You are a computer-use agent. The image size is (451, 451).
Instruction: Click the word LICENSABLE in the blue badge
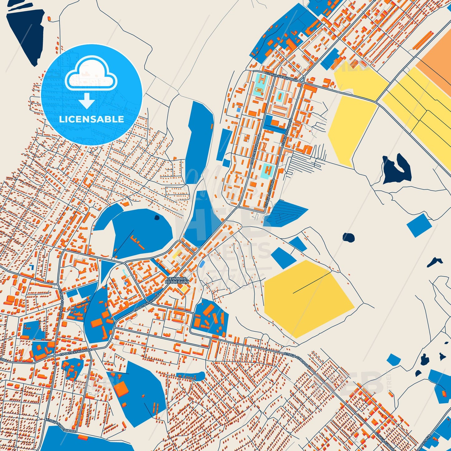pos(91,119)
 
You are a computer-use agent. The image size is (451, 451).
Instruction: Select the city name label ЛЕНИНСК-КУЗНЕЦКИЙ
pos(177,280)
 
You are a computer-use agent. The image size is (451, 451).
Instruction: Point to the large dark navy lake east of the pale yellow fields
pos(396,169)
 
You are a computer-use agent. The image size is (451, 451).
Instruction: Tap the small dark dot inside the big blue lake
pos(157,218)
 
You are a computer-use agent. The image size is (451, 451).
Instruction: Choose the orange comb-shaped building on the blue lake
pos(138,242)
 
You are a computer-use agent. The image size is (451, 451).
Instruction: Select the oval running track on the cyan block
pos(258,91)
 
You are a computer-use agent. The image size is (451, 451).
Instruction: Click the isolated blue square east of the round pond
pos(419,225)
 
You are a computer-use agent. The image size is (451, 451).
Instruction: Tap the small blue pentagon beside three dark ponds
pos(394,359)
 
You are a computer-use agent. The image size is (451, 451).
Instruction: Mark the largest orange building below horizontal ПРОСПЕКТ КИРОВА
pos(123,389)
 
